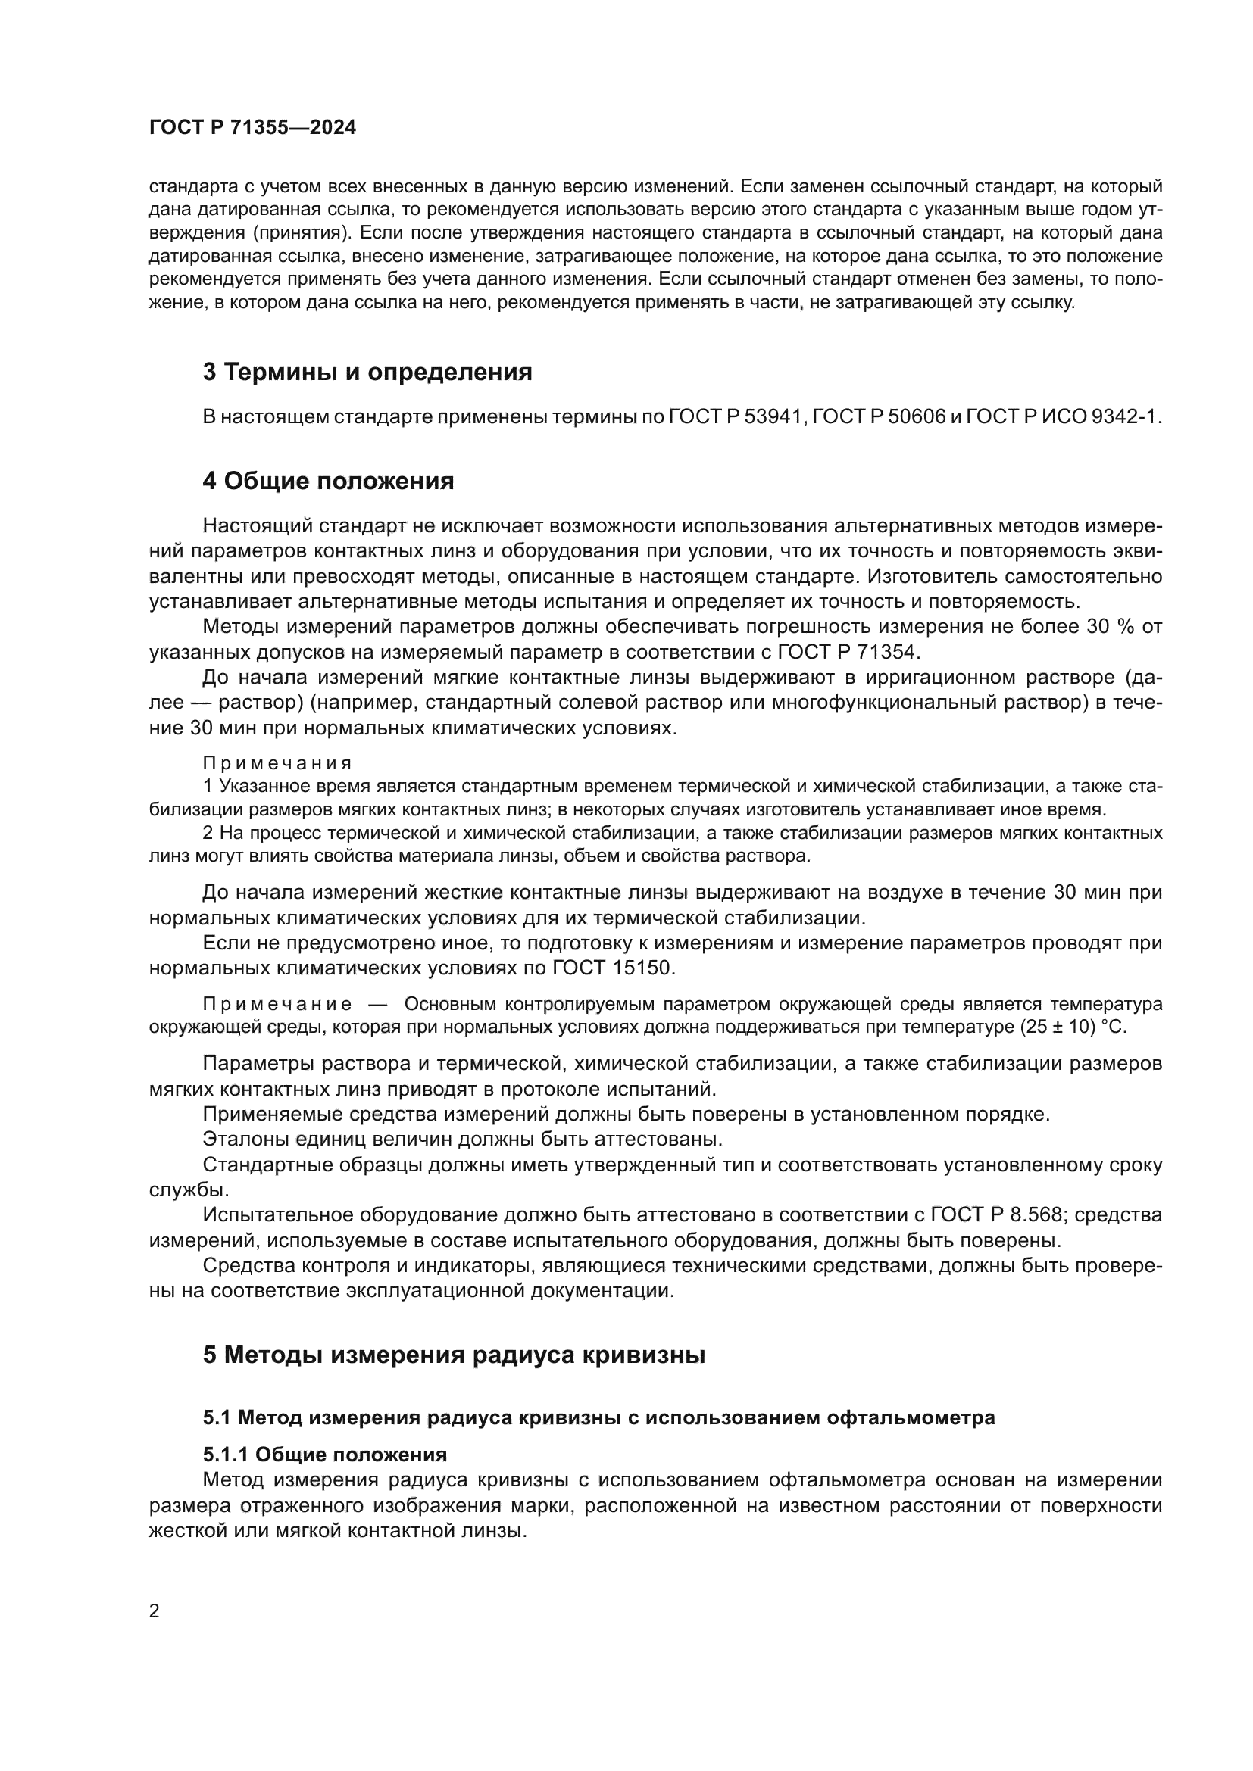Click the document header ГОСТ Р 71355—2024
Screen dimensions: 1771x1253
click(252, 128)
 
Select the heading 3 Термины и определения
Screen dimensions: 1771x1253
click(367, 373)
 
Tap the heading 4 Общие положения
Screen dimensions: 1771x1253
click(328, 482)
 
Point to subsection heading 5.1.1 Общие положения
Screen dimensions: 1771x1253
click(325, 1455)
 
